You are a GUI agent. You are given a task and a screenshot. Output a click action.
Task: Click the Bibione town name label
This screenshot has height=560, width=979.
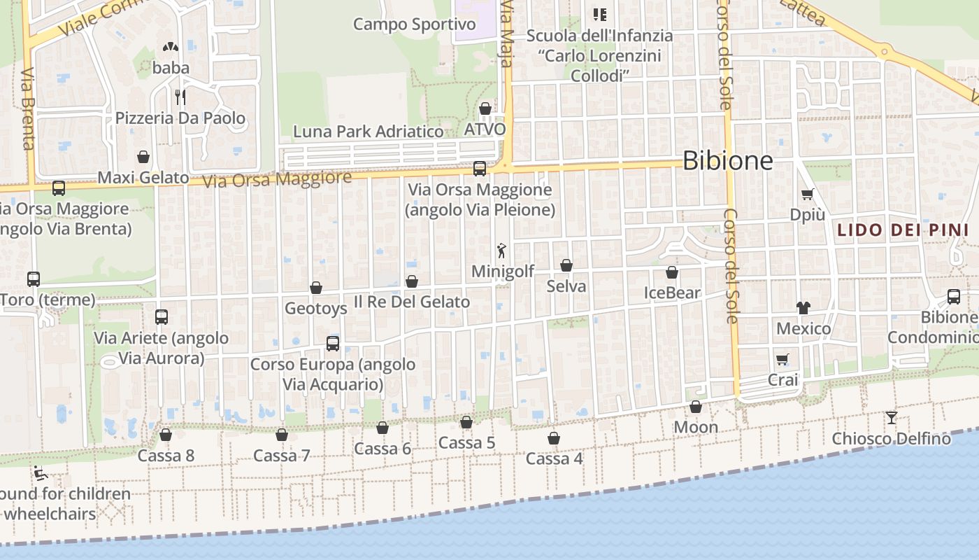[727, 161]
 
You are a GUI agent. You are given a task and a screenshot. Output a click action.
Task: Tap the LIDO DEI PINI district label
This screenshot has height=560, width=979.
[903, 230]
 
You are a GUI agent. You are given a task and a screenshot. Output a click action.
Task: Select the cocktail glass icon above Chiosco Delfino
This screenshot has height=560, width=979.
[892, 418]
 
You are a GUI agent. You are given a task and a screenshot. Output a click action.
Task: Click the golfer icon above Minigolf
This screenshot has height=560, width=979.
[501, 251]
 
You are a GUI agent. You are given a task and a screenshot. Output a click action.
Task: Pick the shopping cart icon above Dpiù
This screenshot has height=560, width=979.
[808, 194]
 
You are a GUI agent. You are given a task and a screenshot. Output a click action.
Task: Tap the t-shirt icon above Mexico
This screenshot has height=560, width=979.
[803, 307]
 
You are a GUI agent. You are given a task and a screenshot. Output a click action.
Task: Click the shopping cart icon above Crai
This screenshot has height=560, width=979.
[783, 359]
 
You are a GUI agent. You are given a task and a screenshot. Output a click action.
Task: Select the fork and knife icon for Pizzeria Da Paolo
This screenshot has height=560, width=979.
[180, 96]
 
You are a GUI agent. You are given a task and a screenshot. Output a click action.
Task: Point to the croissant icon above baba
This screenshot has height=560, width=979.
[171, 47]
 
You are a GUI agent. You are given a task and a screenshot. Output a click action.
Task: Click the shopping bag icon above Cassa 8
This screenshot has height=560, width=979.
[166, 435]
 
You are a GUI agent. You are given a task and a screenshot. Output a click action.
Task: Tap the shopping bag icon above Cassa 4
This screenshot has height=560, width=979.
[554, 438]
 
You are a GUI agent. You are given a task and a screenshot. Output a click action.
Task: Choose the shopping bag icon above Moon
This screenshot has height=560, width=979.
[696, 407]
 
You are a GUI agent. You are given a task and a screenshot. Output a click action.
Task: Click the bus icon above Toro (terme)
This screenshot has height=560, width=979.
[33, 279]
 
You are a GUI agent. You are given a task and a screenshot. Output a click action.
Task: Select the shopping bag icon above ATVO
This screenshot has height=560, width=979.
[485, 108]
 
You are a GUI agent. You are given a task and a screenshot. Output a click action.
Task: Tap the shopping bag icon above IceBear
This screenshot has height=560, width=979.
[672, 272]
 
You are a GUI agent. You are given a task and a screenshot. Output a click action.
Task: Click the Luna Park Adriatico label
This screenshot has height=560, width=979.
[368, 132]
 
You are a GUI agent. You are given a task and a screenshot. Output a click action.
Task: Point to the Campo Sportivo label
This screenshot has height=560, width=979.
[414, 24]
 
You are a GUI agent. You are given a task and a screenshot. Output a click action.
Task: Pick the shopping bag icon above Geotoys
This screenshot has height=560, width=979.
[316, 288]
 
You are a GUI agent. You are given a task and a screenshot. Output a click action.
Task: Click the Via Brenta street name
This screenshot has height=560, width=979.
[28, 108]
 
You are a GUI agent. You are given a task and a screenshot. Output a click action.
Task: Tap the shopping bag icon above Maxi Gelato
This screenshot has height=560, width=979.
[143, 157]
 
